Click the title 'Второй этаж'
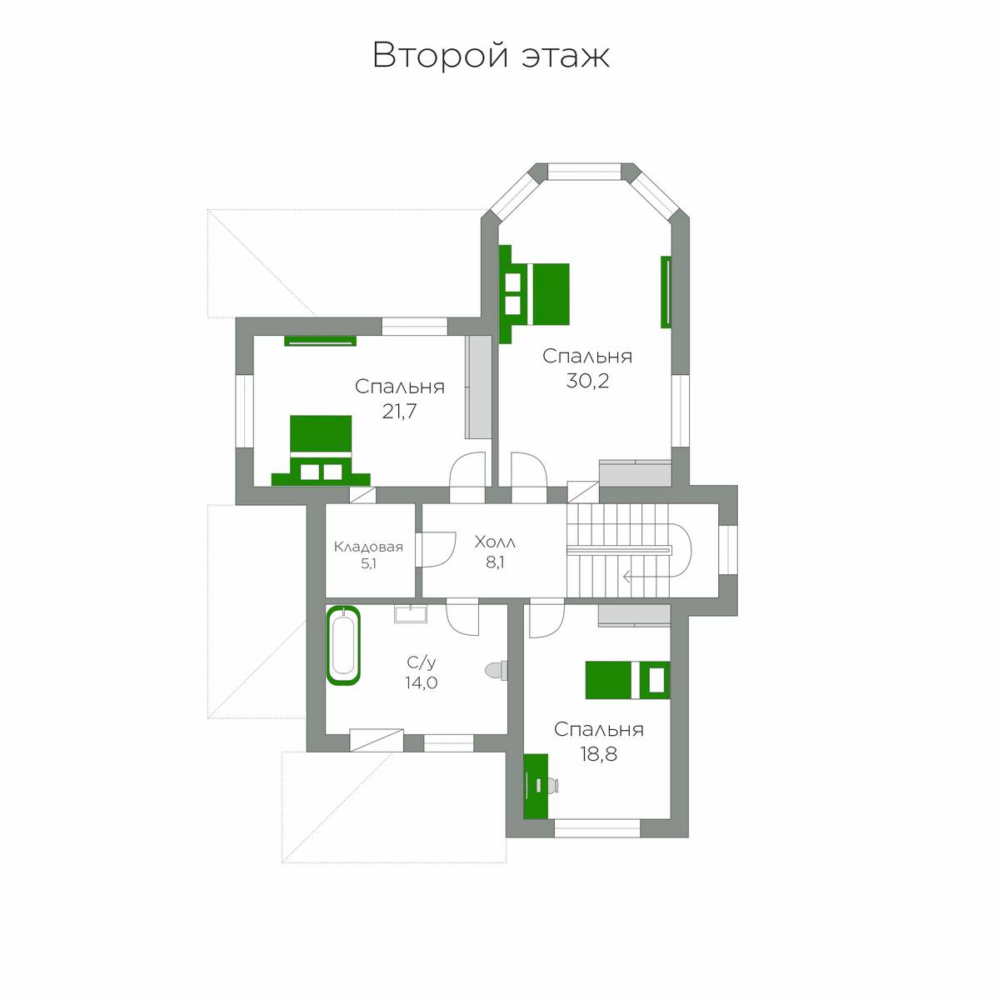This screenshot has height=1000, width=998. tap(491, 56)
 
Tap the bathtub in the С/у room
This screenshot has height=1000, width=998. tap(343, 646)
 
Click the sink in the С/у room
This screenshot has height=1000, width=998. tap(411, 613)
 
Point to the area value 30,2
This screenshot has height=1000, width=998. tap(587, 381)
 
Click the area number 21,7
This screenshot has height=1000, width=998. tap(399, 412)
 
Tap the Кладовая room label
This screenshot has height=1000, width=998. tap(368, 547)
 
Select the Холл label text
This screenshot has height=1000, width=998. tap(495, 542)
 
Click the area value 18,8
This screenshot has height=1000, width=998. tap(598, 754)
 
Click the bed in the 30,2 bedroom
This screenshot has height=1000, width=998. tap(534, 294)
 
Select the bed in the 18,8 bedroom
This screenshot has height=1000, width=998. tap(627, 680)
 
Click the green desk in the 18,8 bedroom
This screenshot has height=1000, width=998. tap(536, 786)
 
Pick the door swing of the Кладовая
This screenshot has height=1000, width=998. tap(436, 549)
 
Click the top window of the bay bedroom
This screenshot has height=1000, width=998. tap(585, 172)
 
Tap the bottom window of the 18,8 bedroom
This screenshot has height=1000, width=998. tap(597, 828)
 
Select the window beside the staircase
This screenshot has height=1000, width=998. tap(728, 549)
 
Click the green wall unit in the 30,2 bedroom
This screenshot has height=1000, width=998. tap(666, 292)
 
